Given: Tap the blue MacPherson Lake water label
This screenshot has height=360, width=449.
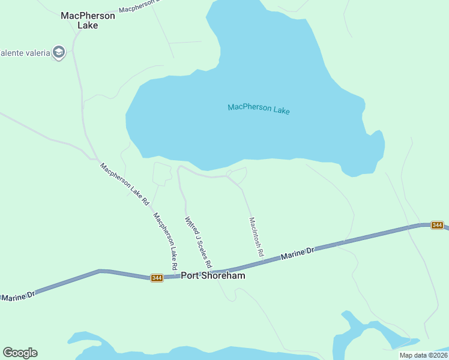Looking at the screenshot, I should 259,109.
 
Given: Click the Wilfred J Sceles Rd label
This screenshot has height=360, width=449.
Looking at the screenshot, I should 198,242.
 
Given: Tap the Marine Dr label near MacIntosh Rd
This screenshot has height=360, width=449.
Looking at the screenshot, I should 297,254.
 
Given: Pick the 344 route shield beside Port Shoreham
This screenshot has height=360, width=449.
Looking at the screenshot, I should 157,278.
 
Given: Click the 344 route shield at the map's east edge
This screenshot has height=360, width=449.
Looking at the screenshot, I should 437,225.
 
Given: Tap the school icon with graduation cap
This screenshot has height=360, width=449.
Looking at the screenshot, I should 58,52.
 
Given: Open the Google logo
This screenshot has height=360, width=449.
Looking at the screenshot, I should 20,353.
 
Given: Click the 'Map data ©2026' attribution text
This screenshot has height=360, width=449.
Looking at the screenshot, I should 423,355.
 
